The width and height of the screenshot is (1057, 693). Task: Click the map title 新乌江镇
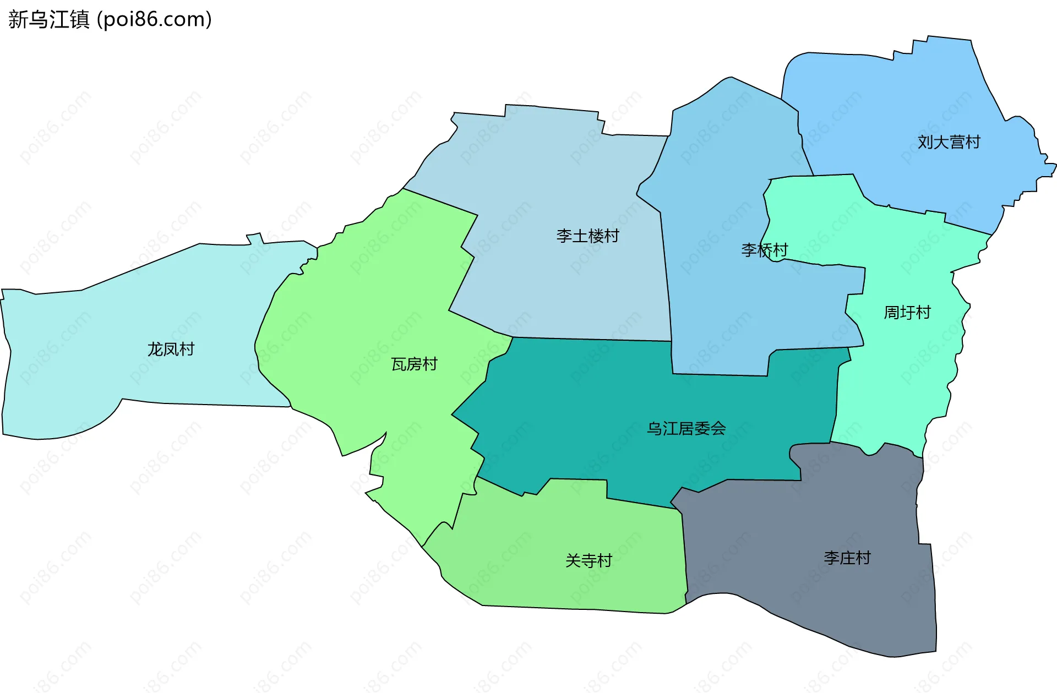[x=48, y=20]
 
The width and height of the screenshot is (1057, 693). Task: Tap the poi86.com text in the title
[x=154, y=20]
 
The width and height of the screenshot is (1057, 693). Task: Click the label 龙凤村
[x=171, y=349]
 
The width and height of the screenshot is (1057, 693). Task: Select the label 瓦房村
[x=414, y=364]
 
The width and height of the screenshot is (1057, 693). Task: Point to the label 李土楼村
[x=587, y=236]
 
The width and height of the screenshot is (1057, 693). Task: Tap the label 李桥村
[x=764, y=250]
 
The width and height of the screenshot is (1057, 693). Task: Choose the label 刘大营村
[x=949, y=142]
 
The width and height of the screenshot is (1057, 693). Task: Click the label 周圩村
[x=907, y=313]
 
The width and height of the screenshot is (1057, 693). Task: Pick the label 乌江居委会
[x=686, y=428]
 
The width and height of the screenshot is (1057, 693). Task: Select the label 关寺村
[x=589, y=560]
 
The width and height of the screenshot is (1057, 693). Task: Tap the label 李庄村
[x=847, y=558]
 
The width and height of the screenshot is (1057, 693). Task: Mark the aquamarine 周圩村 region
[x=903, y=374]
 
